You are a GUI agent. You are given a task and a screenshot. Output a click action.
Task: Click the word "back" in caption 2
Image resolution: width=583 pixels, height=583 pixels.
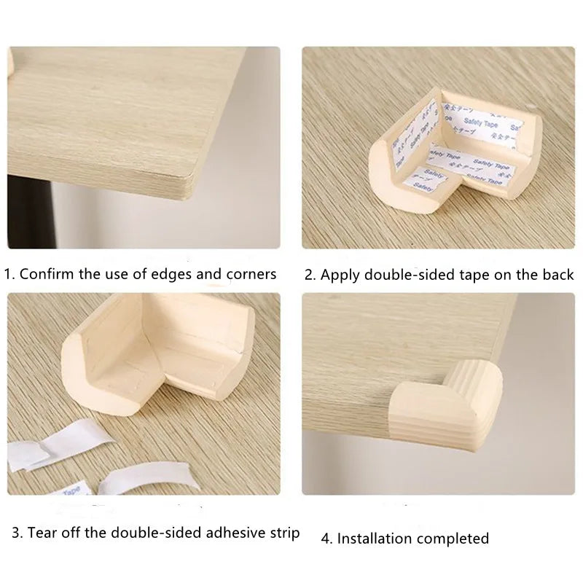pyautogui.click(x=558, y=275)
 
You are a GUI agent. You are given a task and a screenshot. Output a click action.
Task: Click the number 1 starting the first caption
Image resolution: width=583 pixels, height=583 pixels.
pyautogui.click(x=8, y=275)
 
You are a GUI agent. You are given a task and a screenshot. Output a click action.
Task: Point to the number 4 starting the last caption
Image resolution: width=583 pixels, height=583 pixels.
pyautogui.click(x=326, y=539)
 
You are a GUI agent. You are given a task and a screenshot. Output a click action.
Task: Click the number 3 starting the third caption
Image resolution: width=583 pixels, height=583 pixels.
pyautogui.click(x=16, y=533)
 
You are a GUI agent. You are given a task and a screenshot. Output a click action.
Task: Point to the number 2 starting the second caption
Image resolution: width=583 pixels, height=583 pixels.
pyautogui.click(x=309, y=275)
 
